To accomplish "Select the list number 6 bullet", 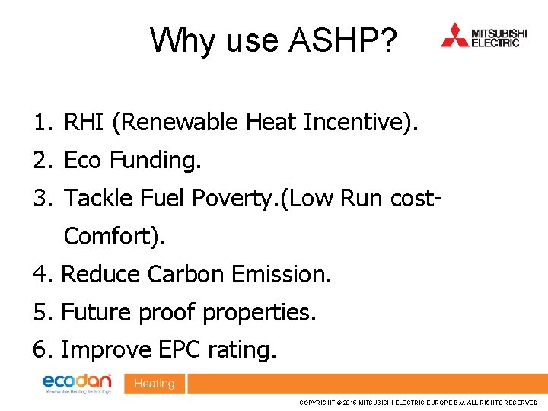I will [41, 351].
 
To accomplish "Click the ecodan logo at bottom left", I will [77, 383].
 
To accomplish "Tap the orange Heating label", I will [155, 384].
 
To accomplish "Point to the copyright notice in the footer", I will [418, 402].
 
